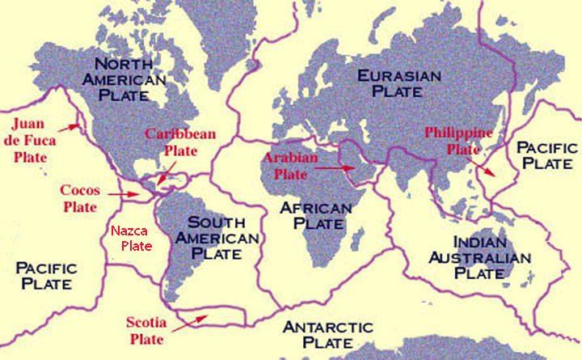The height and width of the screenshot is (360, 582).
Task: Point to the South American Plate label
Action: (222, 238)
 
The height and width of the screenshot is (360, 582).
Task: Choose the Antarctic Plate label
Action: (327, 335)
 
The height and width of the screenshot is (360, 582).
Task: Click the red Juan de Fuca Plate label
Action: (35, 140)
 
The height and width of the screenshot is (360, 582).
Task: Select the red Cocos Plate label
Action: (81, 199)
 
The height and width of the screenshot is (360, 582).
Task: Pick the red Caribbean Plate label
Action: (179, 142)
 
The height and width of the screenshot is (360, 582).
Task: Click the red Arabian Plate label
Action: (289, 165)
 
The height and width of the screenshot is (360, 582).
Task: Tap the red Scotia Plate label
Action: (146, 330)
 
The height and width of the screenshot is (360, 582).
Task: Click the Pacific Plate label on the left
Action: (46, 276)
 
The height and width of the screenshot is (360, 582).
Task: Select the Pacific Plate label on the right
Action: (547, 155)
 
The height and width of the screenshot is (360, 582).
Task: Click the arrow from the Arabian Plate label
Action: (333, 168)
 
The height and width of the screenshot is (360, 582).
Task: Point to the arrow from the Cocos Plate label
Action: (122, 194)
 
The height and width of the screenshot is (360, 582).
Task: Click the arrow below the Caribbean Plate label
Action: (164, 173)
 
